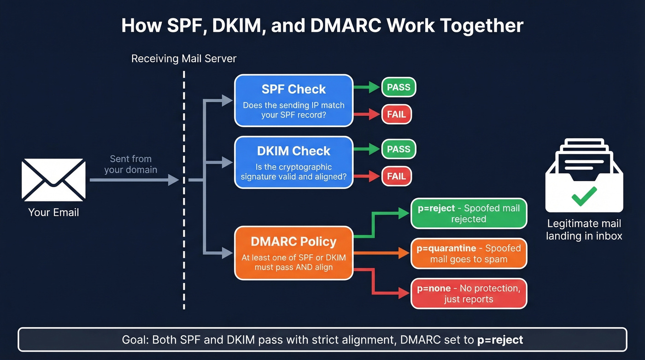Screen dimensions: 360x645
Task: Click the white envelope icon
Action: [53, 180]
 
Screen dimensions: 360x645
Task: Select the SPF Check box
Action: [293, 100]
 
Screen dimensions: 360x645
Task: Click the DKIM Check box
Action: [293, 162]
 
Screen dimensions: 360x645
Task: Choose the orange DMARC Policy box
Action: [293, 253]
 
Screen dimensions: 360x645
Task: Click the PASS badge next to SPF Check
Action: [399, 87]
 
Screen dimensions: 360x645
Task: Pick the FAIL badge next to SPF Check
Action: [396, 114]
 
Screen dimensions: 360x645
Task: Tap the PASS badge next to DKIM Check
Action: [399, 149]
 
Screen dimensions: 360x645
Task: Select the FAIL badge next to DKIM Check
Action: [396, 176]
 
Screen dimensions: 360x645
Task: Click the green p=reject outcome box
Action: [469, 213]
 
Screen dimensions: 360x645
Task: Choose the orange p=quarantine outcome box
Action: [469, 254]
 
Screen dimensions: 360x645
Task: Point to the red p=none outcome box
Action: [469, 294]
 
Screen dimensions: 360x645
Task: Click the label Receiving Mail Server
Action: [184, 59]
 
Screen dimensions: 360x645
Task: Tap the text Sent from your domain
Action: [131, 164]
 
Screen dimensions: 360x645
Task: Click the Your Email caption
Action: [53, 212]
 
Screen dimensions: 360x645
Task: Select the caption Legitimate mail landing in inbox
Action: [584, 230]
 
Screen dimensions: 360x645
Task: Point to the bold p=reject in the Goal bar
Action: [500, 340]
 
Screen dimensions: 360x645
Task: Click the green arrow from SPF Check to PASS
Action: [367, 87]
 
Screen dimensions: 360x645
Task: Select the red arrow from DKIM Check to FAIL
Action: [367, 176]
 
